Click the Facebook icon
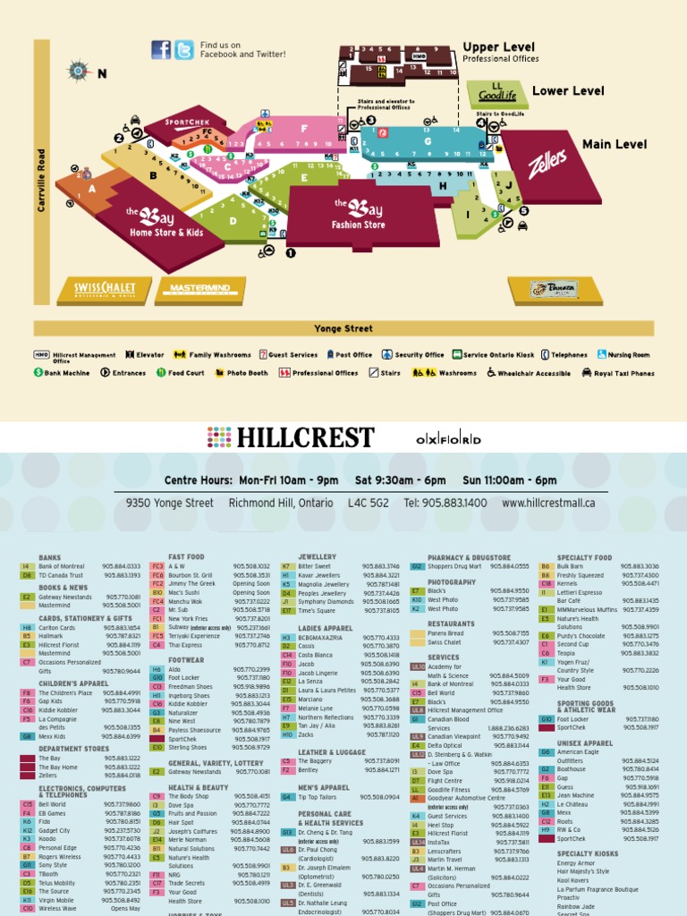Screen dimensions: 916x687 pyautogui.click(x=161, y=50)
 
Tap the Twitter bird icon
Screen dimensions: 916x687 pyautogui.click(x=183, y=50)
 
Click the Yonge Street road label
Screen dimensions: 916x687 pyautogui.click(x=343, y=329)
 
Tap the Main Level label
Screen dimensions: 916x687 pyautogui.click(x=615, y=144)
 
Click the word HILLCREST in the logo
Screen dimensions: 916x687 pyautogui.click(x=305, y=438)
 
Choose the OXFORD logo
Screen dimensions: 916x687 pyautogui.click(x=448, y=439)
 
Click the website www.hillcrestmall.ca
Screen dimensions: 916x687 pyautogui.click(x=548, y=503)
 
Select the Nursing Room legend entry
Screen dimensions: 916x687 pyautogui.click(x=623, y=355)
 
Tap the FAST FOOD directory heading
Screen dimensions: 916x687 pyautogui.click(x=186, y=556)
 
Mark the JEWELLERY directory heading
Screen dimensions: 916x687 pyautogui.click(x=317, y=556)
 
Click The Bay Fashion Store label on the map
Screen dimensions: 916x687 pyautogui.click(x=360, y=215)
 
